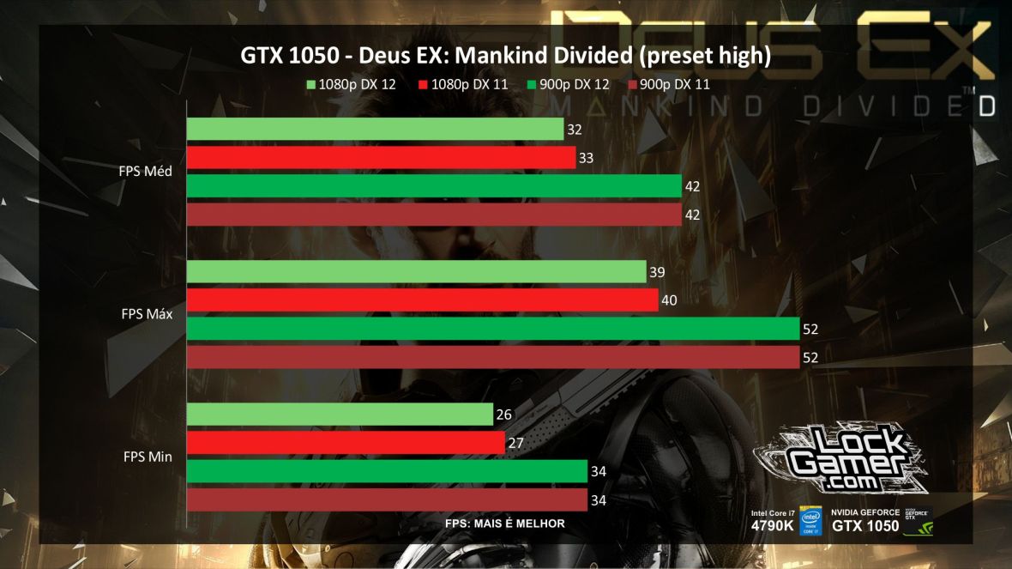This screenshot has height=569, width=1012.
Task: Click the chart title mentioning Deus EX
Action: click(505, 57)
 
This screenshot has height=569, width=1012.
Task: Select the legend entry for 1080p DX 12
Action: click(351, 84)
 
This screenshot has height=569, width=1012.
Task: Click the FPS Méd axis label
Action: click(146, 171)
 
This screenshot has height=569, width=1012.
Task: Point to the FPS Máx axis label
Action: click(147, 314)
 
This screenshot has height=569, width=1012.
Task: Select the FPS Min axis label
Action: click(148, 457)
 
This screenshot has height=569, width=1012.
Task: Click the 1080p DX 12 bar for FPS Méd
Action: click(375, 130)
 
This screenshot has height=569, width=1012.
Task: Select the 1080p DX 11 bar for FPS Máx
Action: click(422, 300)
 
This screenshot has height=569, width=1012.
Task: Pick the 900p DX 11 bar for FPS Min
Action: click(387, 499)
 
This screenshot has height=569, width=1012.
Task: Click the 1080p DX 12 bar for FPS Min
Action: click(340, 415)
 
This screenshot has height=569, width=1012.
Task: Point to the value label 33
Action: click(587, 158)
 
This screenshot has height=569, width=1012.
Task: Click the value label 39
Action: click(657, 272)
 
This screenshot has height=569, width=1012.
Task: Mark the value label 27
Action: click(515, 443)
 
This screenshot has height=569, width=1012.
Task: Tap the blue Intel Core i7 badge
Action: click(810, 519)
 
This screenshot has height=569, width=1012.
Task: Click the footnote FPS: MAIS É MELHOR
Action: click(505, 524)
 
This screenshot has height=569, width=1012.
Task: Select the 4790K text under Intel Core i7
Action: click(772, 526)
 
